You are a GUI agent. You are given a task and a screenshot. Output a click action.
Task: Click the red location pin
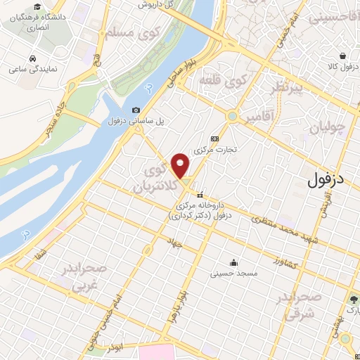click(x=181, y=165)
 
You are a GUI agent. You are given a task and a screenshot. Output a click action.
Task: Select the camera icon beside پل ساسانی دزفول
click(x=136, y=110)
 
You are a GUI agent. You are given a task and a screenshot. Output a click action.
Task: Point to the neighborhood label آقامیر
click(x=257, y=121)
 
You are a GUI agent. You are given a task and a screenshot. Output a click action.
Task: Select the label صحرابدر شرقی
click(x=299, y=304)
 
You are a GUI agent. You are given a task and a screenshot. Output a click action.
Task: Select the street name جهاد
click(x=174, y=242)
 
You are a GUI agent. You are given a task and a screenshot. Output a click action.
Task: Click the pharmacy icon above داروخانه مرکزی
click(x=200, y=195)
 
